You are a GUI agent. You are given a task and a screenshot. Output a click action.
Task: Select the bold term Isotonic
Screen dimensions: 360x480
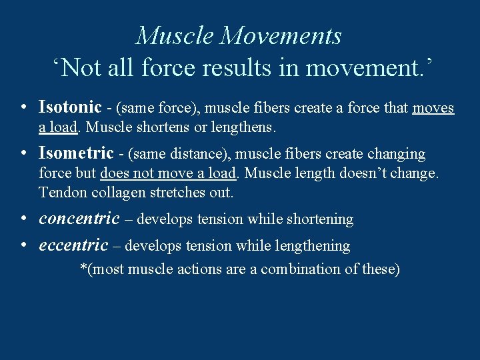[x=70, y=107]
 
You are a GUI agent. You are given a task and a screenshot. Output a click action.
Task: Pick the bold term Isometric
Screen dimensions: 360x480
[x=76, y=153]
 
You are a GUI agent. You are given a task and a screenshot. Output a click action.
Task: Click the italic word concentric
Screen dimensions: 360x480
[x=79, y=219]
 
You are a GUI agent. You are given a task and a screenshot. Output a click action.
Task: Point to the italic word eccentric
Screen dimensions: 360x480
[x=73, y=245]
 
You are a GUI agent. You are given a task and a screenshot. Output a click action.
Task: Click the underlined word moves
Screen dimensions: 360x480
[x=433, y=108]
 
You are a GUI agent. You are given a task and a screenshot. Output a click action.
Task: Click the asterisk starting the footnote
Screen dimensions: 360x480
[x=83, y=268]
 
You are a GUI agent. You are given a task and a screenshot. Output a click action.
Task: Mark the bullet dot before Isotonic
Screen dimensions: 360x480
[x=23, y=107]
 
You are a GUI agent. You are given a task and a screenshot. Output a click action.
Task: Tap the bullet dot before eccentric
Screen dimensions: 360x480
[x=23, y=245]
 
